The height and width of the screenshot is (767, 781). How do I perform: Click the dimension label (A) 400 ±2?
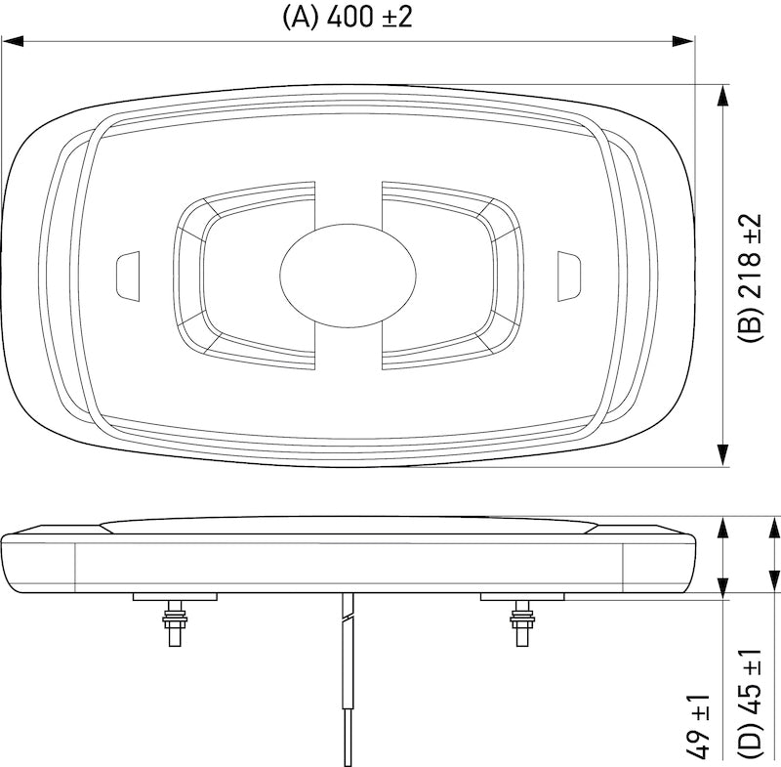(x=349, y=17)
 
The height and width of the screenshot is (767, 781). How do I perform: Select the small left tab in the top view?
(x=127, y=275)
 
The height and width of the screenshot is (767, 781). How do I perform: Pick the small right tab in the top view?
(x=568, y=275)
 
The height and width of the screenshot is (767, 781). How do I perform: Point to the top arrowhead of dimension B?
(x=722, y=96)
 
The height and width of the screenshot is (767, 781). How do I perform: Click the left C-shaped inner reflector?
(x=244, y=275)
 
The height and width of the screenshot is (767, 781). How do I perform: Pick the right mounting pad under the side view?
(x=520, y=596)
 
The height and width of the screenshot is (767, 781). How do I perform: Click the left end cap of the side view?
(x=39, y=562)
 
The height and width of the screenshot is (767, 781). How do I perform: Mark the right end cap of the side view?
(x=660, y=562)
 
